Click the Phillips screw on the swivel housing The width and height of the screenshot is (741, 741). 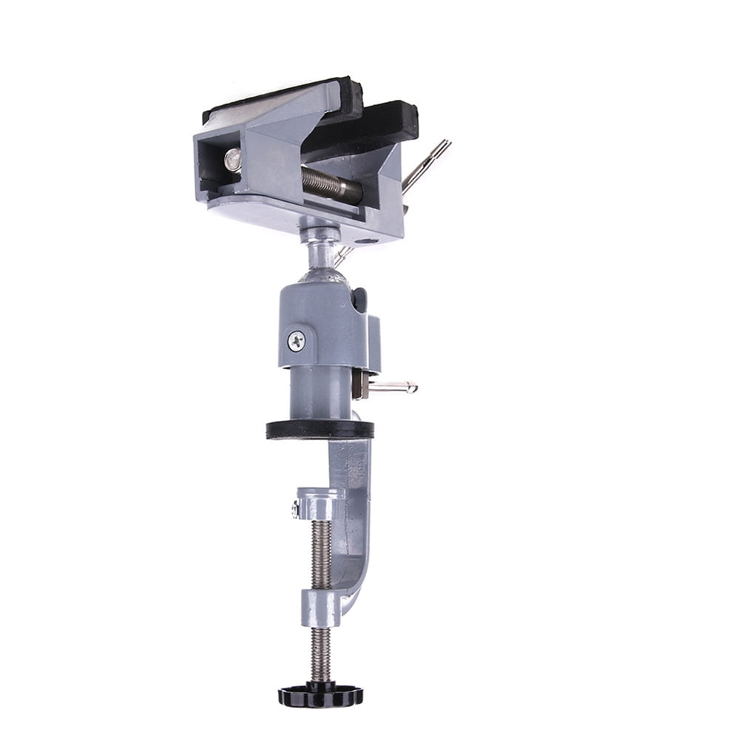[x=297, y=341]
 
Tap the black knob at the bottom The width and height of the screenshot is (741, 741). [x=320, y=695]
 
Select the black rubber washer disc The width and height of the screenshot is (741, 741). [x=319, y=430]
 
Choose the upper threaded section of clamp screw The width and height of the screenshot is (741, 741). [x=320, y=555]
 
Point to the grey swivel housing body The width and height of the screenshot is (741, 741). [x=325, y=325]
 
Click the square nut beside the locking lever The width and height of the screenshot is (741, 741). [x=360, y=385]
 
